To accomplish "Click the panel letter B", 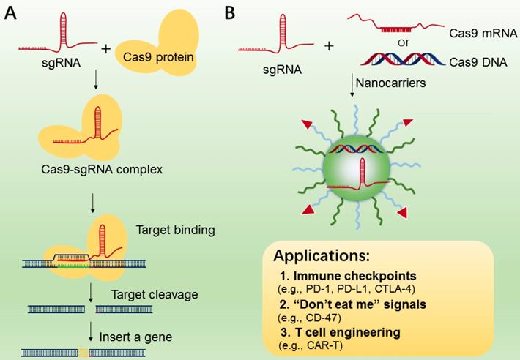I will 229,12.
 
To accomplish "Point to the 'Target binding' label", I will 176,230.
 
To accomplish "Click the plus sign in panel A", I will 107,50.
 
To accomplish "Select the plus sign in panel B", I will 328,45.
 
